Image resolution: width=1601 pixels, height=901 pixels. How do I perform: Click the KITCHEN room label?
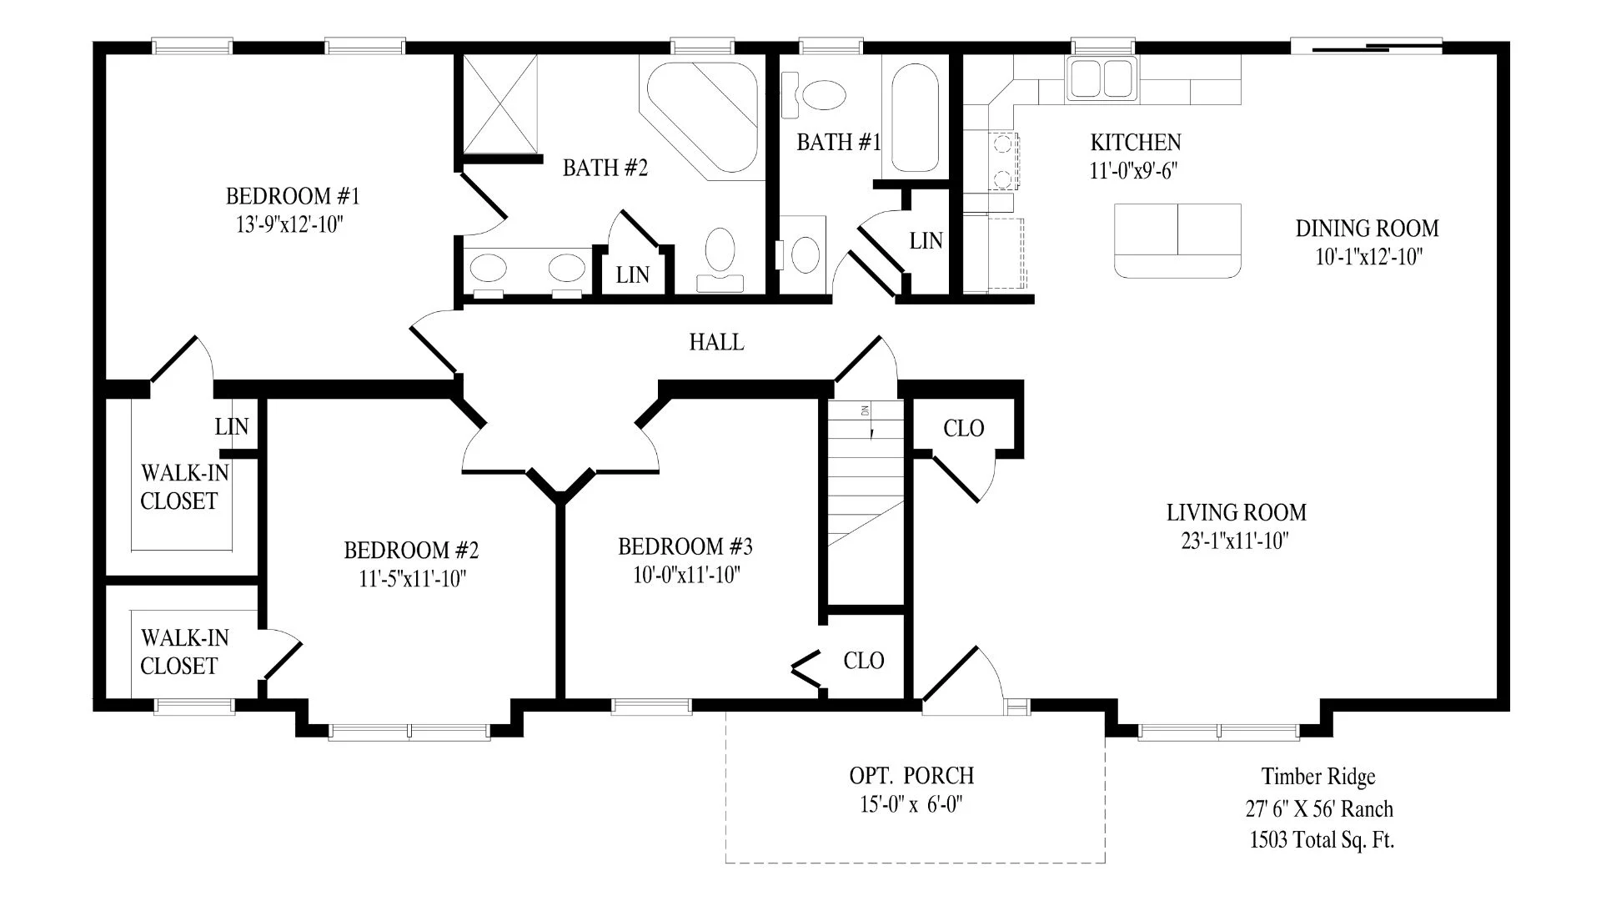pyautogui.click(x=1136, y=143)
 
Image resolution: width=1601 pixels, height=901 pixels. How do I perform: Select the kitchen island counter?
pyautogui.click(x=1177, y=240)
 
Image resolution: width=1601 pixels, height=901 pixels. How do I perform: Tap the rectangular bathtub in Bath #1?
pyautogui.click(x=915, y=118)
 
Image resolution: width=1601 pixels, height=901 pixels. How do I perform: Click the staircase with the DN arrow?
pyautogui.click(x=866, y=473)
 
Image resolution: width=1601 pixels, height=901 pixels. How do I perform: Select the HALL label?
pyautogui.click(x=717, y=342)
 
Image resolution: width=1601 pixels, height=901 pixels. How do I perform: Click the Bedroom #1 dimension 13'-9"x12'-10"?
pyautogui.click(x=290, y=224)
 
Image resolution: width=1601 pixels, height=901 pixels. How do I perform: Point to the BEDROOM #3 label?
pyautogui.click(x=685, y=547)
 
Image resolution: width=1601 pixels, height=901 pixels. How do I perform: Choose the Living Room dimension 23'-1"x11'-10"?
pyautogui.click(x=1235, y=541)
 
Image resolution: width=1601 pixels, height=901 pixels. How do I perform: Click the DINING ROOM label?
pyautogui.click(x=1368, y=229)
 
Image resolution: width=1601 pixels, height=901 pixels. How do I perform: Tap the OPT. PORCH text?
pyautogui.click(x=911, y=776)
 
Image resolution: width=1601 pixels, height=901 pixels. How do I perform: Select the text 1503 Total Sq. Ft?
pyautogui.click(x=1322, y=840)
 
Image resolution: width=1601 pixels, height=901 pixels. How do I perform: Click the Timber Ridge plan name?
pyautogui.click(x=1318, y=777)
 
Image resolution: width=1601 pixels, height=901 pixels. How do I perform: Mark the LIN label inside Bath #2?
pyautogui.click(x=632, y=275)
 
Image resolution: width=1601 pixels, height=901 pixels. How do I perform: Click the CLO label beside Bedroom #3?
pyautogui.click(x=864, y=661)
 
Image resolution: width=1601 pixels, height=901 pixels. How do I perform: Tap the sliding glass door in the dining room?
pyautogui.click(x=1367, y=47)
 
